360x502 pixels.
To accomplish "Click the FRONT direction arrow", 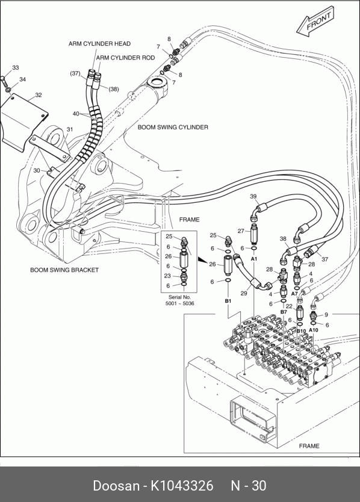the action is pyautogui.click(x=315, y=22).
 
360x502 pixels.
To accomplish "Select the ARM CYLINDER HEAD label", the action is pyautogui.click(x=99, y=43).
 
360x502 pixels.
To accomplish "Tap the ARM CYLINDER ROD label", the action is pyautogui.click(x=126, y=58).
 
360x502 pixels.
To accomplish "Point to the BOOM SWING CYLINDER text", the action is pyautogui.click(x=173, y=127).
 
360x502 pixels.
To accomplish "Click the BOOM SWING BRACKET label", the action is pyautogui.click(x=64, y=270).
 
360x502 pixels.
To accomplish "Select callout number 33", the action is pyautogui.click(x=16, y=67).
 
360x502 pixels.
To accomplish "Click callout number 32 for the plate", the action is pyautogui.click(x=39, y=95).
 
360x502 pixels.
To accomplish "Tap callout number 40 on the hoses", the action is pyautogui.click(x=76, y=114).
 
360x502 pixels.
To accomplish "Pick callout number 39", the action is pyautogui.click(x=253, y=196).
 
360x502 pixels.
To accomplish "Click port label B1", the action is pyautogui.click(x=228, y=301).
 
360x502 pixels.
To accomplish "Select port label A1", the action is pyautogui.click(x=254, y=258).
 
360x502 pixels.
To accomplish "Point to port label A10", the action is pyautogui.click(x=314, y=330).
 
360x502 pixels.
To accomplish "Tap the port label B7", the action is pyautogui.click(x=284, y=312).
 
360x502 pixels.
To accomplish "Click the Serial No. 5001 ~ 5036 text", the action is pyautogui.click(x=179, y=300).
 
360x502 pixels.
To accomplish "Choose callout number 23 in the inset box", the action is pyautogui.click(x=167, y=276).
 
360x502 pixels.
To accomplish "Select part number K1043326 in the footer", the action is pyautogui.click(x=182, y=486).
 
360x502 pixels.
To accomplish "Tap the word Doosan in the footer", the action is pyautogui.click(x=116, y=486).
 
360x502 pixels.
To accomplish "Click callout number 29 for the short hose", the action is pyautogui.click(x=244, y=293).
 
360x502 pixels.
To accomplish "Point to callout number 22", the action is pyautogui.click(x=289, y=306).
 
